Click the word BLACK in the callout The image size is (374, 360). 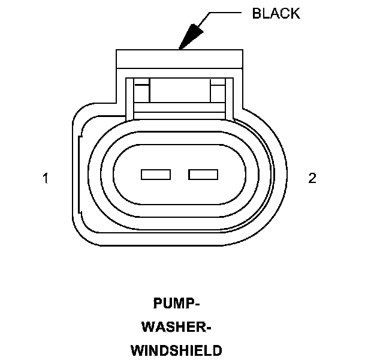[x=276, y=14]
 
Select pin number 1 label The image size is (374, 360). [x=46, y=178]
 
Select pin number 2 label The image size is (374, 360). [x=312, y=178]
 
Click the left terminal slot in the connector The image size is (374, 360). [x=156, y=175]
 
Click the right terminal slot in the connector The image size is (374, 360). [x=203, y=175]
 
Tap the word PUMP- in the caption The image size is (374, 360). [x=177, y=304]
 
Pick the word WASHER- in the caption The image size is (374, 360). [x=177, y=327]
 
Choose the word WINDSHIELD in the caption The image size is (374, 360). [x=177, y=350]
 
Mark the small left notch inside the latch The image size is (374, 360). [x=141, y=93]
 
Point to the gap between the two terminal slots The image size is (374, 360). [x=180, y=175]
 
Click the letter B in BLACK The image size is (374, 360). [x=257, y=14]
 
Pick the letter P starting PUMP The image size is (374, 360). [x=158, y=304]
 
